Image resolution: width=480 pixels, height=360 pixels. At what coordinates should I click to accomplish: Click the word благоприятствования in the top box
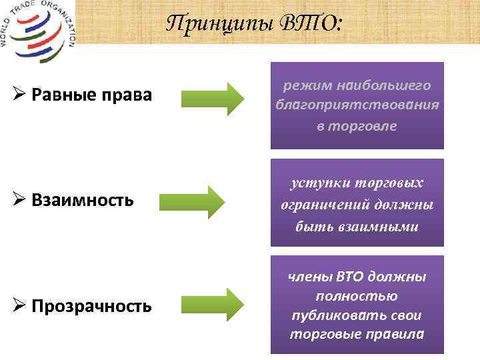click(357, 105)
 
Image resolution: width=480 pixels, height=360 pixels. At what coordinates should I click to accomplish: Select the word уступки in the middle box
click(316, 183)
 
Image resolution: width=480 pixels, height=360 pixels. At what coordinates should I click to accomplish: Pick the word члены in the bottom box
click(311, 277)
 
